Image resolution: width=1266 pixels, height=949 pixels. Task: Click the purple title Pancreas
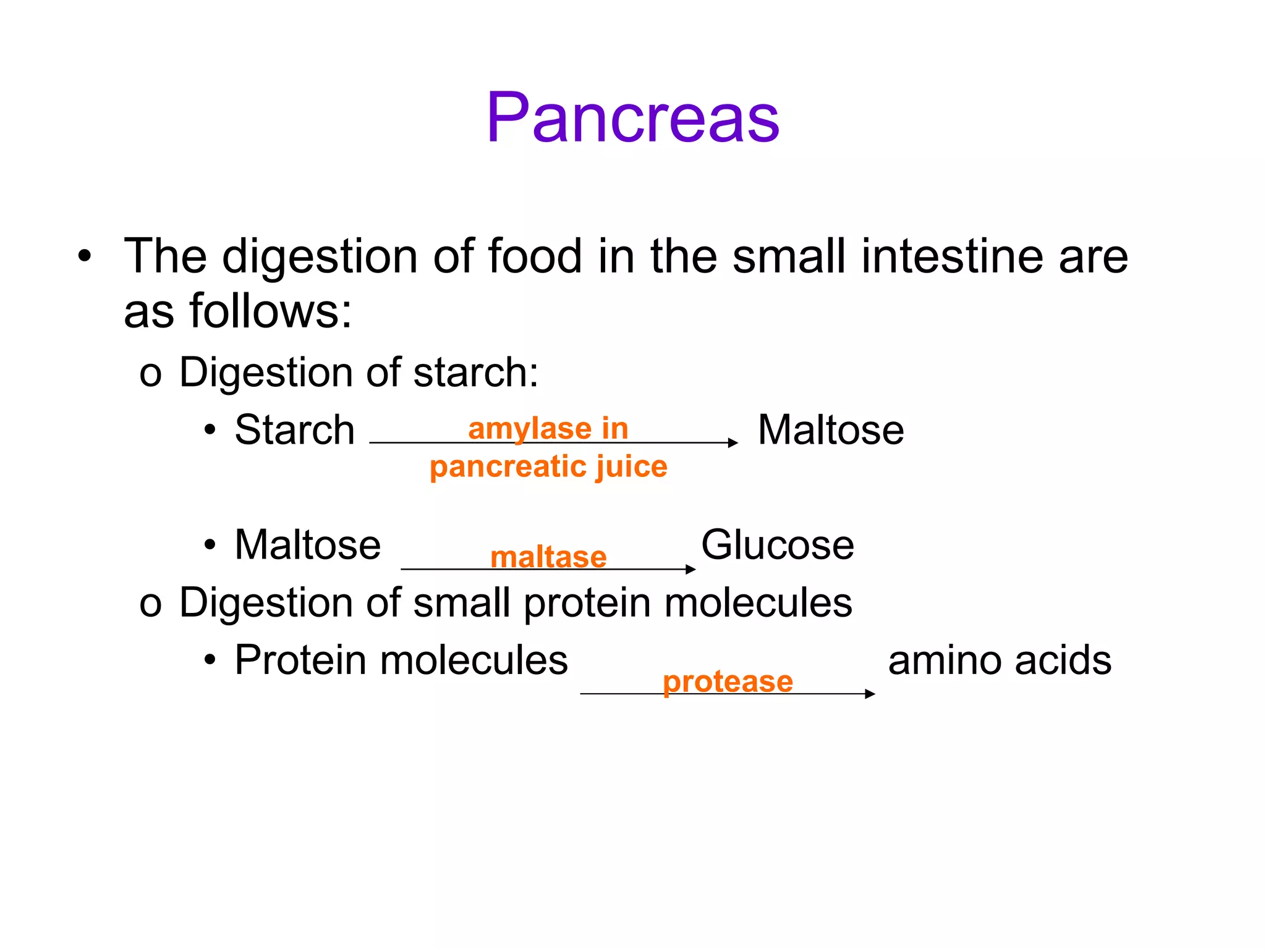tap(632, 117)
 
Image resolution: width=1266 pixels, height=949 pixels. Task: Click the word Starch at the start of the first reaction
tap(295, 430)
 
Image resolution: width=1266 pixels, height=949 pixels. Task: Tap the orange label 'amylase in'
tap(548, 428)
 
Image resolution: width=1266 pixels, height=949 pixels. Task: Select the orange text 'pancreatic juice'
tap(548, 466)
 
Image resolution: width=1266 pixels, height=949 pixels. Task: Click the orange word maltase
tap(548, 557)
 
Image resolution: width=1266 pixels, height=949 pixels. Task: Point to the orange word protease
tap(728, 681)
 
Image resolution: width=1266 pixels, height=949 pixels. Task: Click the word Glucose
tap(777, 545)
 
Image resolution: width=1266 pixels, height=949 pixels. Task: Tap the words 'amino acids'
tap(1000, 660)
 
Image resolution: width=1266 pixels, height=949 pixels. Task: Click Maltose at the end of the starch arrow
tap(830, 430)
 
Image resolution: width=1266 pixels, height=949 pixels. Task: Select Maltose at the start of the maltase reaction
tap(308, 545)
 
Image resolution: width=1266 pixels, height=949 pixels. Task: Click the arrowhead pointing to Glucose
tap(692, 569)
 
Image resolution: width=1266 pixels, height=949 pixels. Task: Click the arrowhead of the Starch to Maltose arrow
tap(733, 442)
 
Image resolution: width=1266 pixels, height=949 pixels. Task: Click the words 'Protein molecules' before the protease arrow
tap(401, 660)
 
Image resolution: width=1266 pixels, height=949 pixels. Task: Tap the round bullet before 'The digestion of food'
tap(85, 256)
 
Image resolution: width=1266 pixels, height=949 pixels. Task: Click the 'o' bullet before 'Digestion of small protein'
tap(150, 604)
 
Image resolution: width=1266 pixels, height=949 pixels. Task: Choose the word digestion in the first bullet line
tap(320, 256)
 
